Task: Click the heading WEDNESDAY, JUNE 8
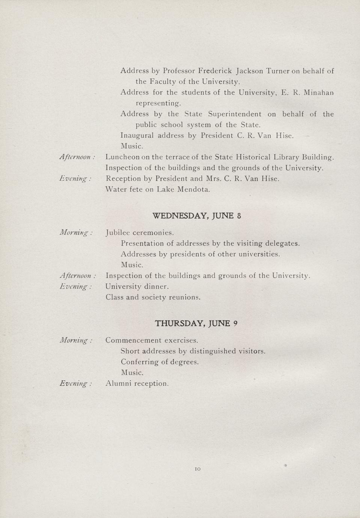[x=197, y=216]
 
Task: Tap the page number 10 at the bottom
[x=198, y=469]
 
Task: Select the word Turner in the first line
[x=278, y=71]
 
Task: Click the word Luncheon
[x=122, y=157]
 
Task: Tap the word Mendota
[x=193, y=190]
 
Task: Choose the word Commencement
[x=134, y=340]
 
